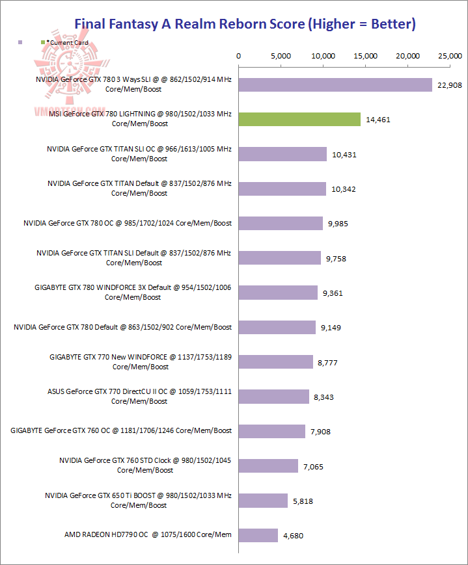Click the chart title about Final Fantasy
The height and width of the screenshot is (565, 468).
(245, 24)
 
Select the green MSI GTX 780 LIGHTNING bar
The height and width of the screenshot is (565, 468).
(299, 119)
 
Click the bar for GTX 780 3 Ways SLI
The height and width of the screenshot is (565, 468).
(335, 85)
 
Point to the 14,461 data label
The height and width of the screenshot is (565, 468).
(379, 120)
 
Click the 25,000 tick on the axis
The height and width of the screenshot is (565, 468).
(450, 56)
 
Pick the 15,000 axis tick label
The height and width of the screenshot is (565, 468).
(366, 56)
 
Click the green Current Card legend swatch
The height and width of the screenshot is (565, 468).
(43, 42)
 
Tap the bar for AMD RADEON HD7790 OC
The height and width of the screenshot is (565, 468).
(258, 535)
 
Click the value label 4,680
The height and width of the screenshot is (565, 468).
(292, 536)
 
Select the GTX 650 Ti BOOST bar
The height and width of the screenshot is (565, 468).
(263, 501)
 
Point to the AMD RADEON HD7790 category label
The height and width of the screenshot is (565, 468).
(148, 535)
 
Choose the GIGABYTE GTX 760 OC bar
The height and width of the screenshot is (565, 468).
(272, 431)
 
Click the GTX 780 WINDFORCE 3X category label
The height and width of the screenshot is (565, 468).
(133, 292)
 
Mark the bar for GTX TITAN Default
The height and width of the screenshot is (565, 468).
(282, 189)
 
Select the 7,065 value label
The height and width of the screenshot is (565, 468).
(312, 466)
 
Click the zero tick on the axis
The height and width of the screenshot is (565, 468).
(239, 56)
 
